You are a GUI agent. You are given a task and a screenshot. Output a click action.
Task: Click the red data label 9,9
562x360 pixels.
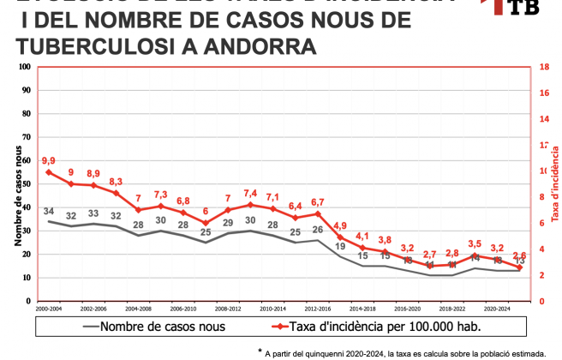click(x=48, y=160)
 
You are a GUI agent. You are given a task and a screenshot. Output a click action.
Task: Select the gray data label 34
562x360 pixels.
click(x=48, y=212)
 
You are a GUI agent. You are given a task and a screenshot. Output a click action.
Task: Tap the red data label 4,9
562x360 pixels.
click(x=340, y=225)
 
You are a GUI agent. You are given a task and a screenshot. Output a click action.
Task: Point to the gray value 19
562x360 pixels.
click(x=340, y=247)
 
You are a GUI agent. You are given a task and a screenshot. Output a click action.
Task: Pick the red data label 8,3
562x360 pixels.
click(x=116, y=182)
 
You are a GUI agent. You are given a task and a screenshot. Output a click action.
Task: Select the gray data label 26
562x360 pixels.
click(x=318, y=230)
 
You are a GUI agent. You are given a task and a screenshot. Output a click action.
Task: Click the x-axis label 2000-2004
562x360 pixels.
click(x=48, y=307)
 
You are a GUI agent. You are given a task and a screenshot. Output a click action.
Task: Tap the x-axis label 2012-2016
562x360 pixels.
click(x=317, y=307)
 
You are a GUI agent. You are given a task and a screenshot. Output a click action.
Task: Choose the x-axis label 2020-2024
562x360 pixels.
click(x=497, y=307)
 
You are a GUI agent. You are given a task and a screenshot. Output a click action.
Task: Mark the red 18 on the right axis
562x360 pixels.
click(x=543, y=67)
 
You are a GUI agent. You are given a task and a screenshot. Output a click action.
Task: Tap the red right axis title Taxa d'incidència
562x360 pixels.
click(x=553, y=184)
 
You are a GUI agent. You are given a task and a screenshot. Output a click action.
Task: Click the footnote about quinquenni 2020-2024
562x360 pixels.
click(x=402, y=352)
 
